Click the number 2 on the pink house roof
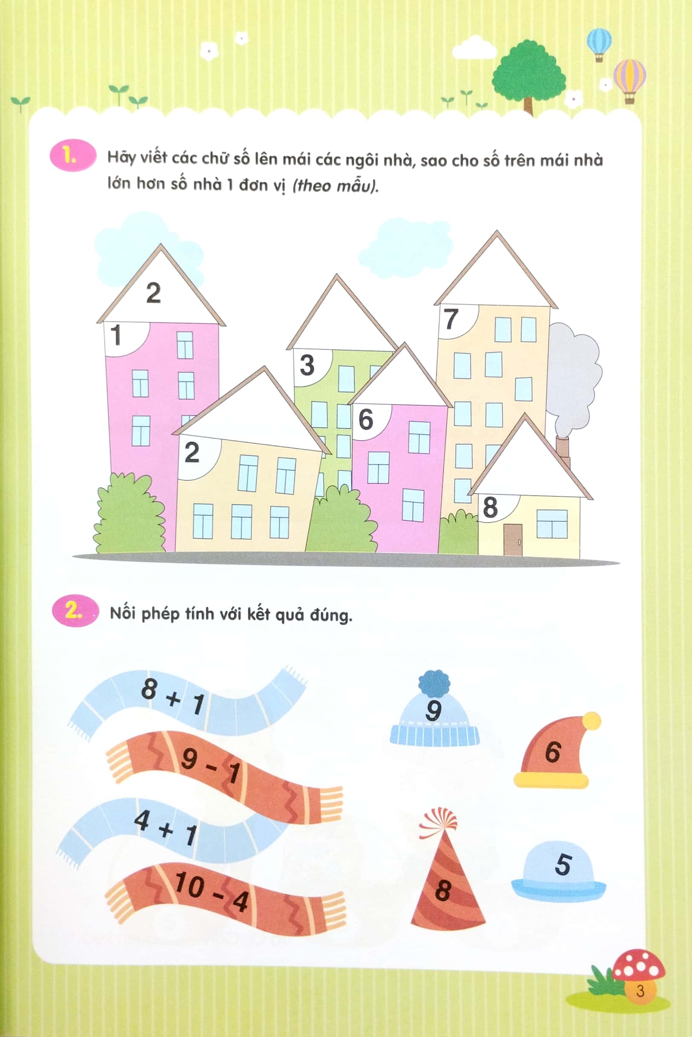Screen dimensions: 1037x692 [153, 293]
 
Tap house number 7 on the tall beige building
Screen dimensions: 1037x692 [450, 319]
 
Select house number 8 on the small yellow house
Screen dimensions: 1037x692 [490, 507]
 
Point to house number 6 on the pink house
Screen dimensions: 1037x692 [366, 419]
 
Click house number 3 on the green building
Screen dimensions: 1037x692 [307, 365]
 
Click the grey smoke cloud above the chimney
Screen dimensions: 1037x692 [572, 375]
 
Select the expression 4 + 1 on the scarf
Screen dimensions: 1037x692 [165, 829]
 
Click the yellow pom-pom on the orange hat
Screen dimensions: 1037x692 [591, 721]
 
